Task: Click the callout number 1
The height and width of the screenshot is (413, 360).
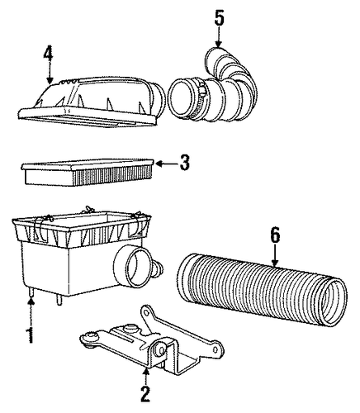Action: click(31, 335)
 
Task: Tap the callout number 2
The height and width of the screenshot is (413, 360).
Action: click(145, 394)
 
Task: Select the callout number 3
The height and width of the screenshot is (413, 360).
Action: click(185, 162)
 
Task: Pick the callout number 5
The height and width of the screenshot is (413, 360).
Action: click(219, 18)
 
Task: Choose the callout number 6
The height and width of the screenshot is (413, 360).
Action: click(275, 235)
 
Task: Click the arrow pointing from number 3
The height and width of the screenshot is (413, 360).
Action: click(167, 164)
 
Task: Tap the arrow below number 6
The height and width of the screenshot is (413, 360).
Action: click(275, 256)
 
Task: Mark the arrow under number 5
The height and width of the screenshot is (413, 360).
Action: click(219, 37)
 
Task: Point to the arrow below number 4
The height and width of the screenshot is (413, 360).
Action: click(50, 75)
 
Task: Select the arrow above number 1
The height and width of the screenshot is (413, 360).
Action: click(31, 313)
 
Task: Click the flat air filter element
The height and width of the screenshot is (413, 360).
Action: click(88, 171)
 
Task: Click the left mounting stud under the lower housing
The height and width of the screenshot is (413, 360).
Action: click(31, 292)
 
